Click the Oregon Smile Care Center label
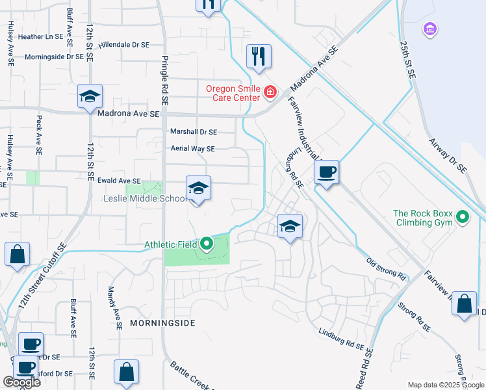tap(233, 94)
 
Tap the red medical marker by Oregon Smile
tap(270, 94)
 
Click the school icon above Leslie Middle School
tap(198, 189)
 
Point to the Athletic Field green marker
tap(207, 244)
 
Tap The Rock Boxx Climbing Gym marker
tap(463, 216)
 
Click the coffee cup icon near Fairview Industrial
tap(326, 172)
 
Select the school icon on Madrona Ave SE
tap(90, 97)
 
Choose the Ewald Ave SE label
tap(120, 181)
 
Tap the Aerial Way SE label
tap(192, 149)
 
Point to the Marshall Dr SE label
tap(193, 131)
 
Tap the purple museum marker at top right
tap(429, 29)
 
